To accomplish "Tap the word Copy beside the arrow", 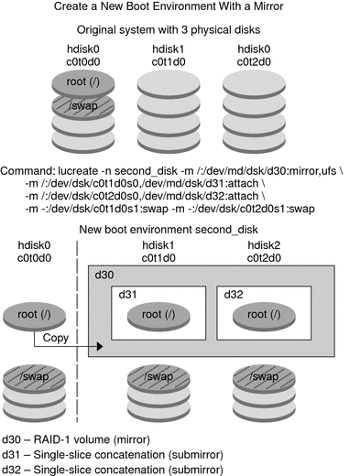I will tap(53, 339).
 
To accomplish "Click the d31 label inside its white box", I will tap(128, 296).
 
